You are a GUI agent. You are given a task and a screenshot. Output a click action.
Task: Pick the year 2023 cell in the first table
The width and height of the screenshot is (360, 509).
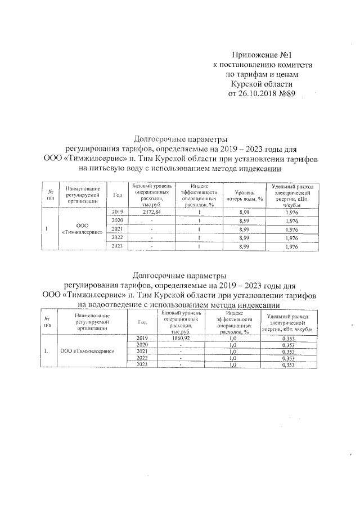click(118, 246)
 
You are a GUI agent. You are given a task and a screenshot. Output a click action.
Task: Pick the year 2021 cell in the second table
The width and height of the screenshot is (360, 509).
click(142, 352)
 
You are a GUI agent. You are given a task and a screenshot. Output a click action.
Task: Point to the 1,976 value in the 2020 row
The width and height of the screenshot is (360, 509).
click(291, 220)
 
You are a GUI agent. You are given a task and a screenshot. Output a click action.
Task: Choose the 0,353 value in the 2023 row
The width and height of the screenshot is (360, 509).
click(288, 365)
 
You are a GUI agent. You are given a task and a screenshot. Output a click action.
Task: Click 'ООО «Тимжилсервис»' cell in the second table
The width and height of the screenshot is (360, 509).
click(88, 351)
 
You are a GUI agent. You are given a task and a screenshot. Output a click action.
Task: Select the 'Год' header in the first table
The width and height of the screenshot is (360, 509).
click(118, 195)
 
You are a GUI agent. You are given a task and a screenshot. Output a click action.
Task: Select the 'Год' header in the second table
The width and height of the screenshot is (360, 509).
click(142, 322)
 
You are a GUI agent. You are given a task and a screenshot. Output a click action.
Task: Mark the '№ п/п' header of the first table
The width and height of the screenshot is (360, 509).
click(50, 195)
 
